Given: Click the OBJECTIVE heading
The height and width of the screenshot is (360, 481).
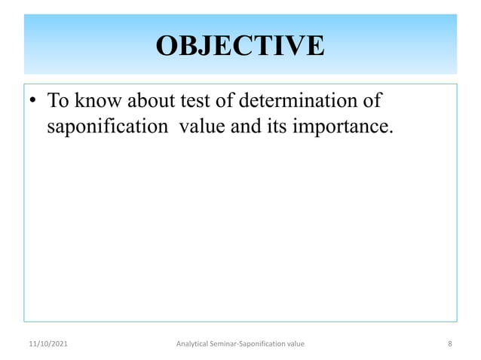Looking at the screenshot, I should click(x=240, y=46).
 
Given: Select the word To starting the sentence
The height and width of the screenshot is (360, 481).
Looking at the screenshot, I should click(x=58, y=100).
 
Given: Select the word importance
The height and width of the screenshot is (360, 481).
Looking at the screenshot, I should click(x=343, y=127).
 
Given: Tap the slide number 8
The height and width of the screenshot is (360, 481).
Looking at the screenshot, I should click(x=449, y=344).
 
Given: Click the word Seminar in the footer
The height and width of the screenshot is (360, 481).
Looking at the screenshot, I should click(x=231, y=344).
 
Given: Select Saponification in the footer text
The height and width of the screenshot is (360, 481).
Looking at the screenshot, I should click(x=269, y=344).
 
